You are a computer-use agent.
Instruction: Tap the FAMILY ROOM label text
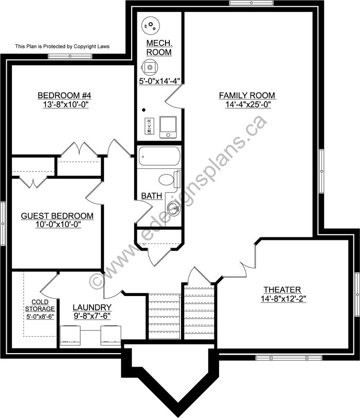[x=247, y=95]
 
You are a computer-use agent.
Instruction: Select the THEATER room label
[x=282, y=290]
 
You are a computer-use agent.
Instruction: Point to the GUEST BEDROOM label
[x=57, y=216]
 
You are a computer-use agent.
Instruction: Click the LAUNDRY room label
[x=92, y=307]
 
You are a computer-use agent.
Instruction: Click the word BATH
[x=152, y=196]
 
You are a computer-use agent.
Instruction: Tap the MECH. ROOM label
[x=159, y=47]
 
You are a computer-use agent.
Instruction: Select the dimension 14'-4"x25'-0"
[x=247, y=104]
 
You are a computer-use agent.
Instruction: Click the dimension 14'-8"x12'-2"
[x=283, y=299]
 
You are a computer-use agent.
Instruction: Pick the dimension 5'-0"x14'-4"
[x=159, y=81]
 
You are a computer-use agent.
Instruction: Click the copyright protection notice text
[x=62, y=46]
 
